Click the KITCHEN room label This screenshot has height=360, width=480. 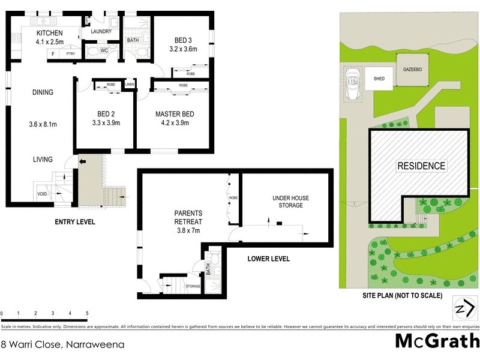(x=50, y=32)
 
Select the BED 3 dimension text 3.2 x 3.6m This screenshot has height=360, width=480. (x=183, y=49)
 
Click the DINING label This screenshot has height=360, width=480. (x=43, y=92)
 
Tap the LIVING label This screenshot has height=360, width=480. (x=43, y=160)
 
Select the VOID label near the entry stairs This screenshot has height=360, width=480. (x=42, y=194)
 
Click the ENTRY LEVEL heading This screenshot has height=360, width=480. (x=74, y=222)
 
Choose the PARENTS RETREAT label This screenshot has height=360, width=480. (x=188, y=217)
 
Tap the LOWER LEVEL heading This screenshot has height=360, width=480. (x=269, y=259)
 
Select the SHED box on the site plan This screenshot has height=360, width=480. (x=379, y=79)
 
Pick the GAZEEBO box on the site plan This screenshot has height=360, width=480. (x=411, y=70)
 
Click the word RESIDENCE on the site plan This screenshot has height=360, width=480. (x=421, y=166)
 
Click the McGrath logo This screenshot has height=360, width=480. (x=437, y=342)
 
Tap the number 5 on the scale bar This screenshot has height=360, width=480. (x=88, y=314)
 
